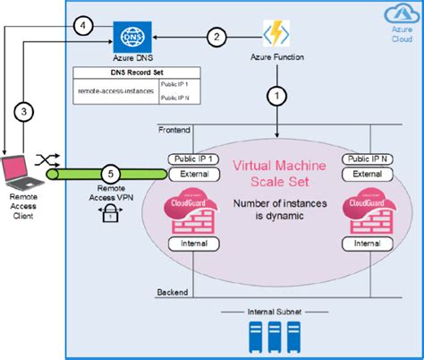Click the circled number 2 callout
215,37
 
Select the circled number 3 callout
27,112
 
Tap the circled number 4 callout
83,26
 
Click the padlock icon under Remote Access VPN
109,212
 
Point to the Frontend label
174,131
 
